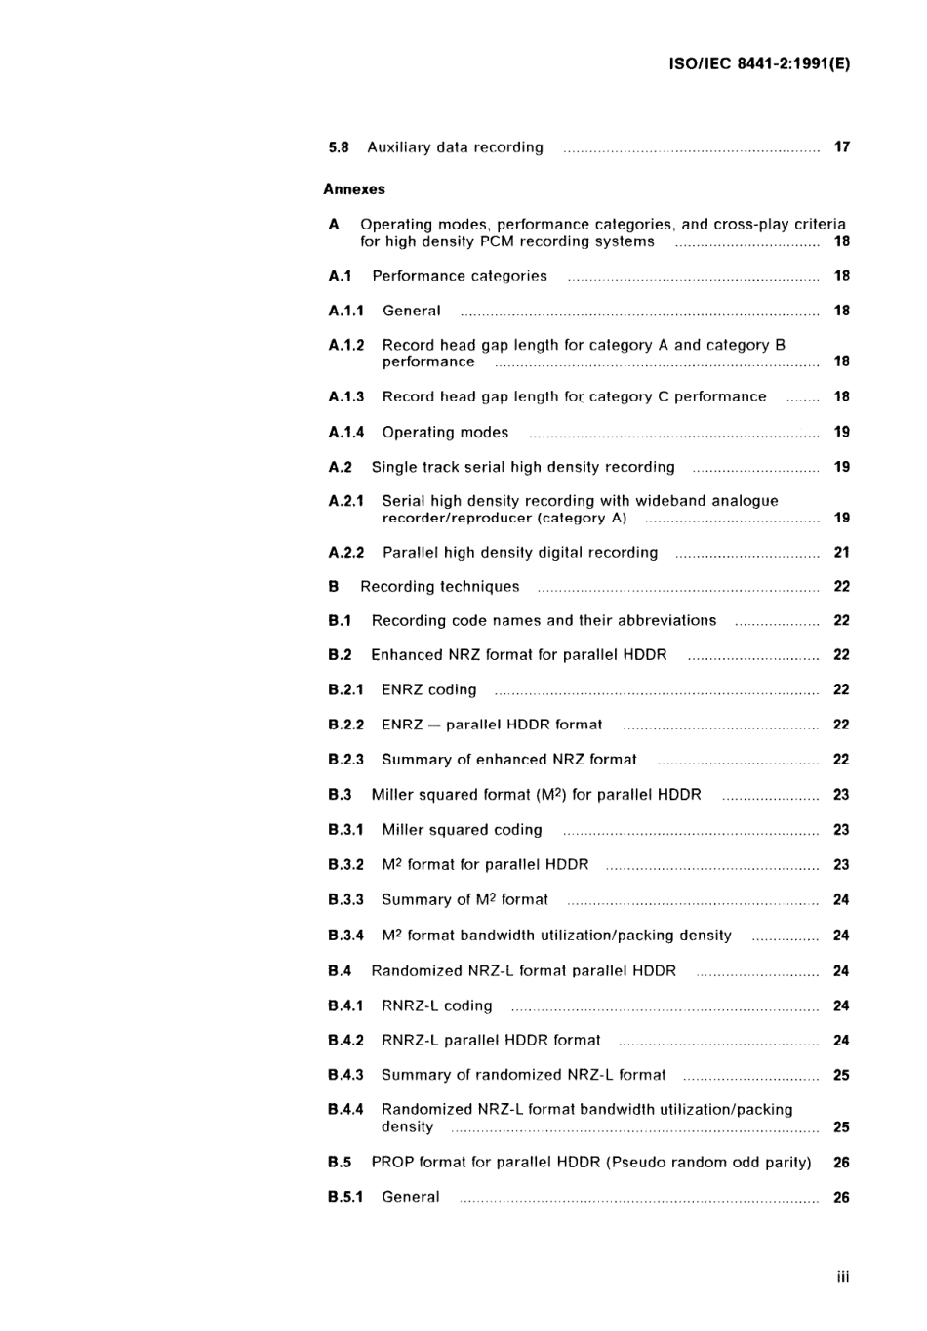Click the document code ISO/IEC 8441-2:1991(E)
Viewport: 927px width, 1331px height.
(x=759, y=64)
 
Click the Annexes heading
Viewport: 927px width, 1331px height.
(x=354, y=189)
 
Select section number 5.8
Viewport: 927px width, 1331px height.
(x=339, y=147)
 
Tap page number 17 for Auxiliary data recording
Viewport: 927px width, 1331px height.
(x=842, y=147)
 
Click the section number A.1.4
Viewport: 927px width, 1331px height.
(x=346, y=432)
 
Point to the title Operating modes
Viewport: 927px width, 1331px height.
(x=445, y=432)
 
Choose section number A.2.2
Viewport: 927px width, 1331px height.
(x=346, y=553)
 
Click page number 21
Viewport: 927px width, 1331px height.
(x=842, y=553)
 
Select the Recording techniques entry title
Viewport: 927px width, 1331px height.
(x=439, y=587)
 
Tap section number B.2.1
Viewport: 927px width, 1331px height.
(x=345, y=689)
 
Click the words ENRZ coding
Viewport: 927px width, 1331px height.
(x=428, y=689)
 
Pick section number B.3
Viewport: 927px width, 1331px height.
(x=340, y=795)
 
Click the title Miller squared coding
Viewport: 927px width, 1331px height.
(x=462, y=830)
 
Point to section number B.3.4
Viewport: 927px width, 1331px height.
(x=345, y=936)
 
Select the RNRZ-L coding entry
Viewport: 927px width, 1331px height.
(x=436, y=1006)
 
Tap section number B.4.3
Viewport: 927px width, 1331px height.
(x=345, y=1075)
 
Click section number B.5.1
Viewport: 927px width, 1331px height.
(x=345, y=1197)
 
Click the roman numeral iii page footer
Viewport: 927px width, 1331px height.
(x=843, y=1277)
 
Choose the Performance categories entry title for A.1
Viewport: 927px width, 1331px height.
(x=460, y=276)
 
